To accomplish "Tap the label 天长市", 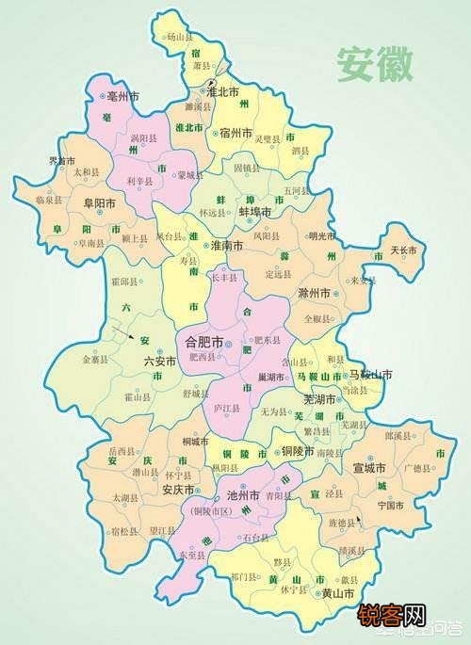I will pyautogui.click(x=401, y=250).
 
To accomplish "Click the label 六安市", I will pyautogui.click(x=159, y=361).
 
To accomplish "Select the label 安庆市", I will pyautogui.click(x=177, y=490).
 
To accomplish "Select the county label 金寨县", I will pyautogui.click(x=97, y=359).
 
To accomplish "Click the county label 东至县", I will pyautogui.click(x=190, y=556).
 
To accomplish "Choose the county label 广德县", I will pyautogui.click(x=415, y=468).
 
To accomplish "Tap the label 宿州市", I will pyautogui.click(x=235, y=134).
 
